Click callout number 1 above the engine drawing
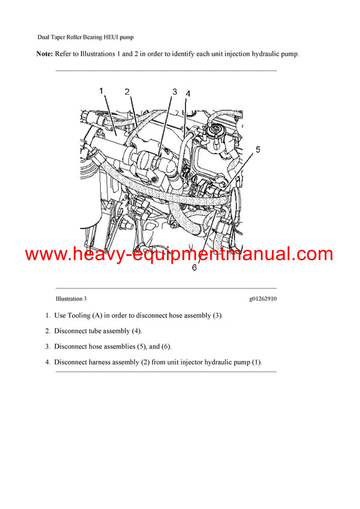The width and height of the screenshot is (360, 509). coord(101,91)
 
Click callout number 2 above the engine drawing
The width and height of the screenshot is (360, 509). coord(127,92)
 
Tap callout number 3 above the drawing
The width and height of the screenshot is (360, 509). coord(175,92)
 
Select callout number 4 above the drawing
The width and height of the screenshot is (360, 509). coord(188,94)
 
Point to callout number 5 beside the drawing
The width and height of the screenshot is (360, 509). coord(257,150)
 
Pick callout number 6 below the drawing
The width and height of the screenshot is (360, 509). coord(194,268)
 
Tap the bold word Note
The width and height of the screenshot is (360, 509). coord(44,54)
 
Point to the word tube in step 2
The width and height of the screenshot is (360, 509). coord(96,331)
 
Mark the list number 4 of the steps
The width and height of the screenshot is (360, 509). coord(47,362)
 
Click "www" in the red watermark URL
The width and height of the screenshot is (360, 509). coord(44,255)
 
